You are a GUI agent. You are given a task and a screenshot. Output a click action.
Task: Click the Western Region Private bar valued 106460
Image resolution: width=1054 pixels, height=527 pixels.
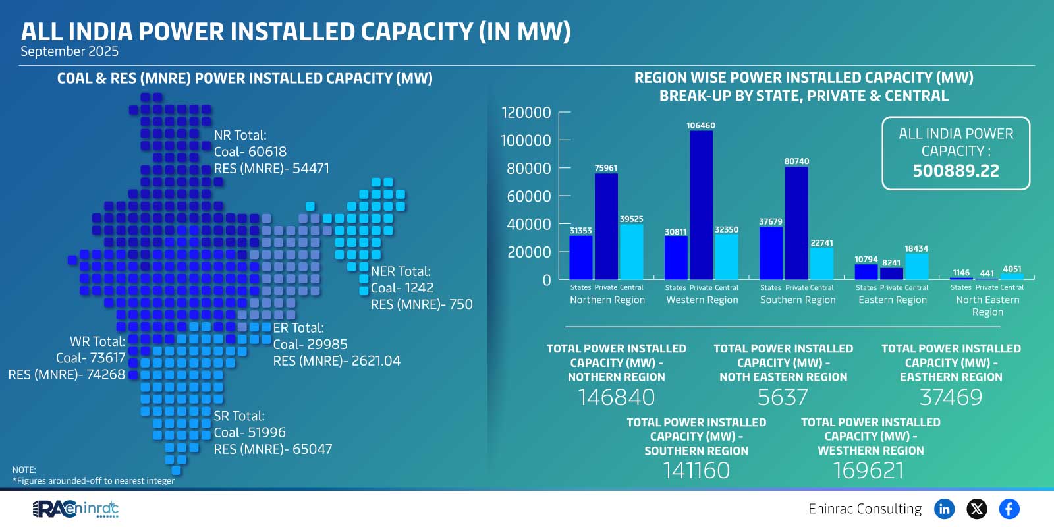(x=701, y=206)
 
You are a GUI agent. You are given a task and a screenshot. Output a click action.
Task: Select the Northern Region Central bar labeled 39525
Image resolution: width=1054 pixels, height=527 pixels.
(x=631, y=252)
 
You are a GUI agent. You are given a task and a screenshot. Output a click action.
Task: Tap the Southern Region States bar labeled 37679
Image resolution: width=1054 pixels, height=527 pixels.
(x=771, y=253)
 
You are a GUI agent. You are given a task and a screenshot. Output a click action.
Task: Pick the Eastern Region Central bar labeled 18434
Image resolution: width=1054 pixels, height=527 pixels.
(x=916, y=267)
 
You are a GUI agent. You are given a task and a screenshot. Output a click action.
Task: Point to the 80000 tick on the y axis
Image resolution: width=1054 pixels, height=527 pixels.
(x=529, y=169)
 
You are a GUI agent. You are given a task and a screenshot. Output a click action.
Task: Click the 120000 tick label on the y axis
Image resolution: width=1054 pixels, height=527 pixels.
(x=526, y=113)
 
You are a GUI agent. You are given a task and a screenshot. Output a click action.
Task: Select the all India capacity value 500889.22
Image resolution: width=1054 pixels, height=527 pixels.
(x=955, y=171)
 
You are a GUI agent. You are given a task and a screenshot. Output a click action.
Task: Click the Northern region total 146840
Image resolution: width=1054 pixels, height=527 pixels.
(x=616, y=397)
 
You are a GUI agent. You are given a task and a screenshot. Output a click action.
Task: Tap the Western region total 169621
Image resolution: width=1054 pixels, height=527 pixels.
(x=868, y=470)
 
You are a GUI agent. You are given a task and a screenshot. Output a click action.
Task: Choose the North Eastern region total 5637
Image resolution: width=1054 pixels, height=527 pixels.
(x=782, y=397)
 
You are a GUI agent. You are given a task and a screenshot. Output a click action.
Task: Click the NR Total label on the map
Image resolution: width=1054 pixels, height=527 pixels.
(x=240, y=135)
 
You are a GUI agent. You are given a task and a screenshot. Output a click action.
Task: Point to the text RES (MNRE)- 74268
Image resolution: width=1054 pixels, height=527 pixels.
(x=67, y=374)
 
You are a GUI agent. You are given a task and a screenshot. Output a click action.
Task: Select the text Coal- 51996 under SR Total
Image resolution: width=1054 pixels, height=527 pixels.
(x=250, y=433)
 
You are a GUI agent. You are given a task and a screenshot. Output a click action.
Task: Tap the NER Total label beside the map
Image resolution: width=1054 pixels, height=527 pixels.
(x=401, y=271)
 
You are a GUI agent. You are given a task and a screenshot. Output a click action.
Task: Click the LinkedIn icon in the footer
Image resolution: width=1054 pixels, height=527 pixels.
(x=944, y=509)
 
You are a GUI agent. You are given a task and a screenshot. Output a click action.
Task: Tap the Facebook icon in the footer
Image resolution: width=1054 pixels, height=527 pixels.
(x=1009, y=509)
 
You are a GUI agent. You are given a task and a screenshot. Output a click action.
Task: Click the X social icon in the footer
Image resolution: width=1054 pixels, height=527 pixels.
(x=976, y=509)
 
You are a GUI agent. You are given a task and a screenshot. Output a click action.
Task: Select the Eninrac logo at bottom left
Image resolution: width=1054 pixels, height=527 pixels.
(x=76, y=509)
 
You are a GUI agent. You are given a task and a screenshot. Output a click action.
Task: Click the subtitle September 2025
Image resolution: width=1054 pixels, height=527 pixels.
(x=69, y=51)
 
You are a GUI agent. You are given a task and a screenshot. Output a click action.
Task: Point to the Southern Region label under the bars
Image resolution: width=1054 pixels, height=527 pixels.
(x=797, y=300)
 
